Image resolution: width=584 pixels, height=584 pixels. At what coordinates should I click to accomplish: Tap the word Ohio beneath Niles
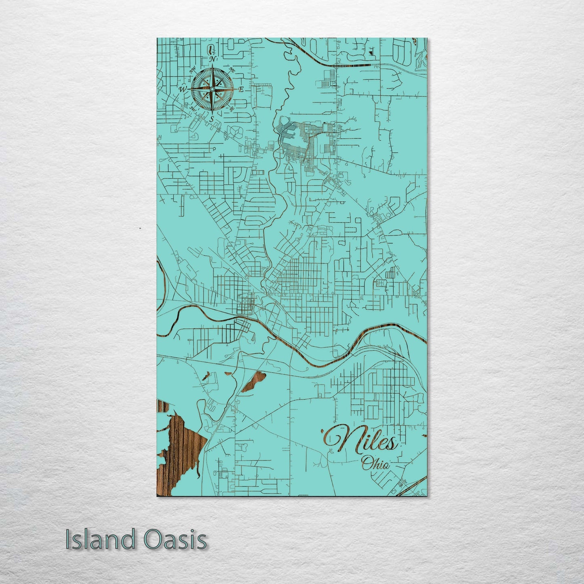coord(376,463)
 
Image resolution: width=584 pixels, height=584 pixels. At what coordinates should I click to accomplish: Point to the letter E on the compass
coord(241,90)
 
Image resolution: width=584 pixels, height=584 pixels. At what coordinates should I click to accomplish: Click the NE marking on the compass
coord(232,71)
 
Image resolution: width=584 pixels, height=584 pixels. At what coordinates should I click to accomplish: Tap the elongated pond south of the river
coord(253,382)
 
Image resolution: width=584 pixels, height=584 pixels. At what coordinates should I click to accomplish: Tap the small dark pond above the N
coord(211,51)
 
